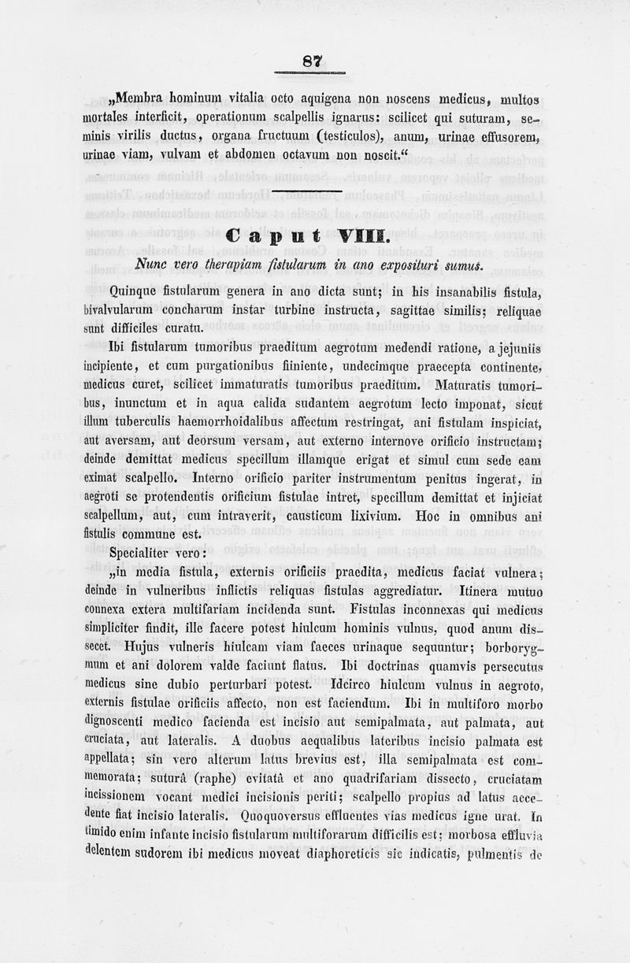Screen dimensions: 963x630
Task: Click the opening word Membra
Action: point(143,100)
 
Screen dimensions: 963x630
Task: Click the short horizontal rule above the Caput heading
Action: point(313,191)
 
